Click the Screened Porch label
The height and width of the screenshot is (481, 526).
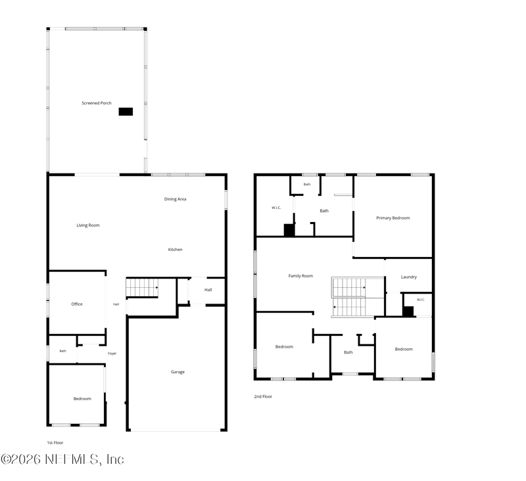coord(97,103)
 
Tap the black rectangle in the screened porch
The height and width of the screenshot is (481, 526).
coord(126,112)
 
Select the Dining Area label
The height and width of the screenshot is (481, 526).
coord(175,199)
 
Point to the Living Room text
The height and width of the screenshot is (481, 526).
coord(88,225)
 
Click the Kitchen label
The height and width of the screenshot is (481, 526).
coord(175,250)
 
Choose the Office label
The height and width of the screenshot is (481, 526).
coord(77,304)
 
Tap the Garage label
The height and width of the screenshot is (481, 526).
coord(178,372)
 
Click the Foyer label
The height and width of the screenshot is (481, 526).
coord(112,354)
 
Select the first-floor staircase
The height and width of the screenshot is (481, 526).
coord(142,288)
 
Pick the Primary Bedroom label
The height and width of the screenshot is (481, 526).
coord(393,218)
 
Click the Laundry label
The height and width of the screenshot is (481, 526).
coord(409,277)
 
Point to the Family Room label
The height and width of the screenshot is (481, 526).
coord(300,276)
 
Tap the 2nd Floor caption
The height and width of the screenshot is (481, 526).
coord(263,396)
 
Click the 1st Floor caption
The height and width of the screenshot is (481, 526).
coord(55,443)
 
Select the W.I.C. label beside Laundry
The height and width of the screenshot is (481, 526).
coord(421,300)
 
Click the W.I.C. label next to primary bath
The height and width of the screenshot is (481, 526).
coord(276,208)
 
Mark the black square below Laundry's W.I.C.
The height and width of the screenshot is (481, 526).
coord(408,311)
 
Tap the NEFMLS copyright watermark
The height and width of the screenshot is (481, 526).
coord(62,459)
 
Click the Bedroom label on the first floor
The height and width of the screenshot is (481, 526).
coord(82,399)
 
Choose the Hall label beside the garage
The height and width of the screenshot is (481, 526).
coord(208,290)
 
